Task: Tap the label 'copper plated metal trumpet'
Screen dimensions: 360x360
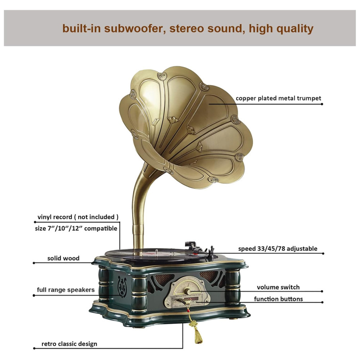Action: pos(278,98)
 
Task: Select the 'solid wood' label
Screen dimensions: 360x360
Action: pos(63,258)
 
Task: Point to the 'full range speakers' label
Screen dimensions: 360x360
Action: pos(66,289)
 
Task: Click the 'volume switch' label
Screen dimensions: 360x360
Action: pos(278,287)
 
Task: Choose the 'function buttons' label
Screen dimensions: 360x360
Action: pos(278,299)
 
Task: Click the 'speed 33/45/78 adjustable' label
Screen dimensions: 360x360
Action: pos(278,248)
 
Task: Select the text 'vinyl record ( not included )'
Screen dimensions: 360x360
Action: pos(78,217)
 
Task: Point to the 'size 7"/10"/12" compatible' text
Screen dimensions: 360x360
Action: pos(77,228)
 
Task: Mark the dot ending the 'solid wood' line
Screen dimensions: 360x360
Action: pos(34,263)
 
